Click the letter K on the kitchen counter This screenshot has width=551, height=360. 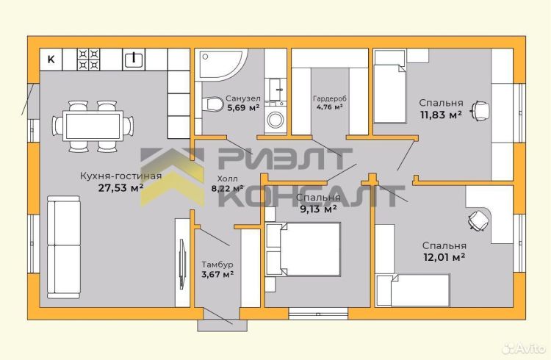pos(51,60)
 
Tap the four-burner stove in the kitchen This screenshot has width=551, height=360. pos(89,60)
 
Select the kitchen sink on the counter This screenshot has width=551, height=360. pos(134,59)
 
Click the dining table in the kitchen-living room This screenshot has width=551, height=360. pos(93,126)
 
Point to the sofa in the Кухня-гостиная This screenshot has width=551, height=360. pos(64,247)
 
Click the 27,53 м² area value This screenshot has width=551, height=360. pos(120,188)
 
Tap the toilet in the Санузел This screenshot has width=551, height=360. pos(213,104)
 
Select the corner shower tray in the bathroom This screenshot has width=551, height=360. pos(220,65)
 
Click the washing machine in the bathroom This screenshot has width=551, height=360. pos(275,120)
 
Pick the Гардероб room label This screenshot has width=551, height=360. pos(330,98)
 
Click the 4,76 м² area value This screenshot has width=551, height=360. pos(330,107)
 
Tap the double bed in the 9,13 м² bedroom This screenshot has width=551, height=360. pos(303,249)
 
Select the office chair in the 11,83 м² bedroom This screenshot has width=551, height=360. pos(480,111)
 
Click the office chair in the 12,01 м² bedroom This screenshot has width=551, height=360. pos(478,220)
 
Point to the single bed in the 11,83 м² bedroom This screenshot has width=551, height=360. pos(389,87)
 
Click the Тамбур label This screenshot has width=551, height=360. pos(217,264)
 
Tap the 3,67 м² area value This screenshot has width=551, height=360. pos(217,274)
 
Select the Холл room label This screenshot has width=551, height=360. pos(227,179)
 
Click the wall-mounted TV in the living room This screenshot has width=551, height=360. pos(182,264)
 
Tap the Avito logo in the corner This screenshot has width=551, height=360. pos(524,349)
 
